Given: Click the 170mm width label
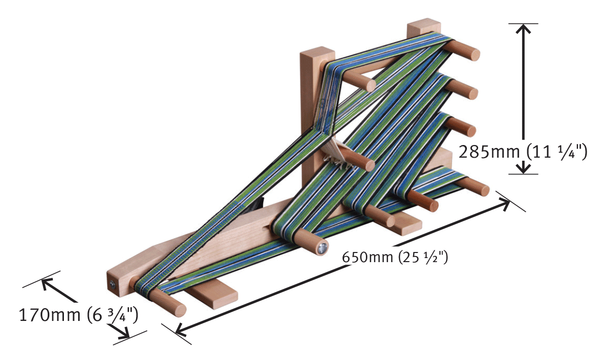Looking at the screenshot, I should (49, 315).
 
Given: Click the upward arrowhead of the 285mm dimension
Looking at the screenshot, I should (523, 30).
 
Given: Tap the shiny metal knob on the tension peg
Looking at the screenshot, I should (321, 248).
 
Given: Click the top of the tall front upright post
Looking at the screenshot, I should (317, 53).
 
